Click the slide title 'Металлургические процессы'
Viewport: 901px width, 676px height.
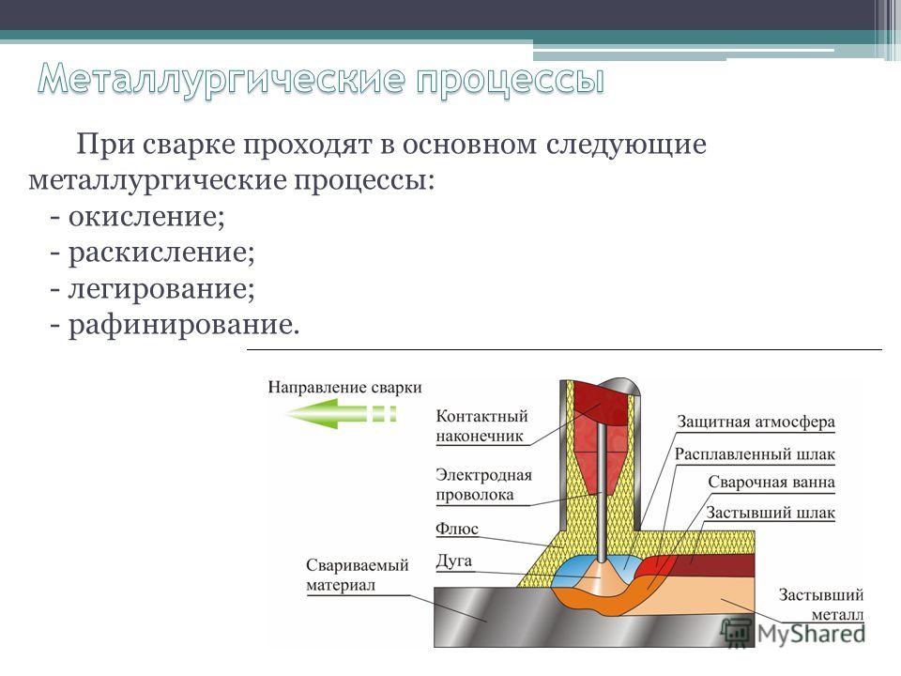(x=321, y=79)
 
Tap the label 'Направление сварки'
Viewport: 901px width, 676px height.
(x=344, y=388)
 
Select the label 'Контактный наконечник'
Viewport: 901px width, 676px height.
(x=481, y=426)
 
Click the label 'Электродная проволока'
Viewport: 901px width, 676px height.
(x=483, y=485)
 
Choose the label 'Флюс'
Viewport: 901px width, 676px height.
(x=457, y=529)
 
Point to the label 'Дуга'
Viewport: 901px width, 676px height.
(x=453, y=561)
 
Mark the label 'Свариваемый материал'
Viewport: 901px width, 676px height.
(x=357, y=576)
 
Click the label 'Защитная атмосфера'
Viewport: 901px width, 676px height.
(x=755, y=422)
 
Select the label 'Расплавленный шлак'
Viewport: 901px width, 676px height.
(x=755, y=454)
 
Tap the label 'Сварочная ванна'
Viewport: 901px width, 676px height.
(x=771, y=482)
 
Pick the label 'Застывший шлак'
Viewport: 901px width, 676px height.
(x=770, y=513)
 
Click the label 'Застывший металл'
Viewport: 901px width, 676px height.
(x=821, y=604)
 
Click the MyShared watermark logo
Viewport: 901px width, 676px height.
(x=794, y=633)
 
